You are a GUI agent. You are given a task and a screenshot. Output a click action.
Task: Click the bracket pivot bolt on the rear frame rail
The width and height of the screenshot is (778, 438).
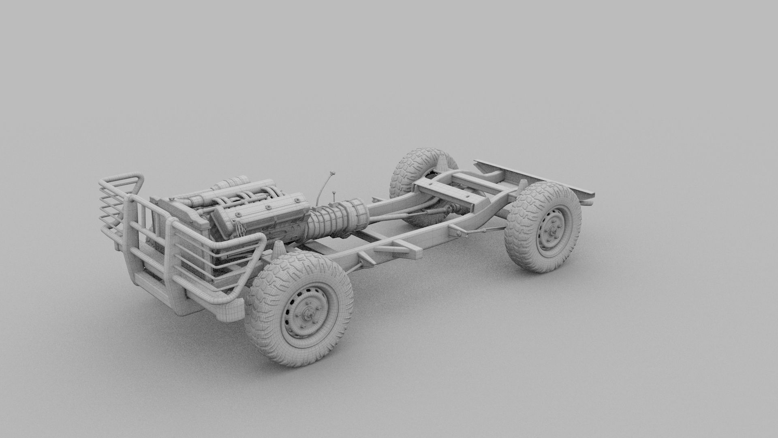click(x=457, y=232)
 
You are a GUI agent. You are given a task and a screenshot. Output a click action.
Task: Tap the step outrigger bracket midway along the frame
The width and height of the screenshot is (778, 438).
click(x=401, y=245)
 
